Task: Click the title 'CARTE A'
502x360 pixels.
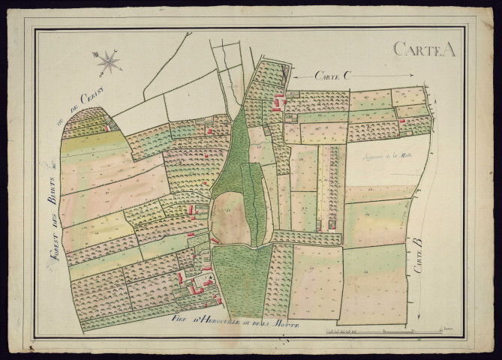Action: tap(424, 49)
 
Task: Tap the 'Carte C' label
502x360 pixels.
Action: tap(333, 75)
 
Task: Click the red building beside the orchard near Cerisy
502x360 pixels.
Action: tap(107, 127)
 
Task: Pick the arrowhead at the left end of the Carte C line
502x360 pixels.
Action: tap(293, 75)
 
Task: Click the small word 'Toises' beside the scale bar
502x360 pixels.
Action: tap(448, 328)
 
